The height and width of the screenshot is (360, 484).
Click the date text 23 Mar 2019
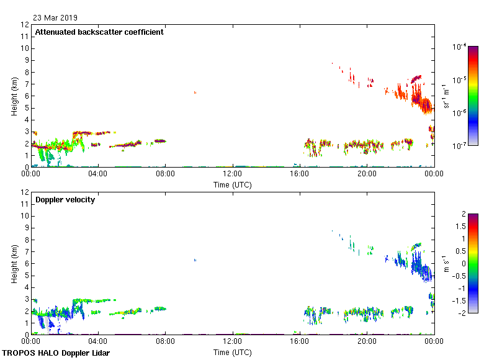pos(55,18)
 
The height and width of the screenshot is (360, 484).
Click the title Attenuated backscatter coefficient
pos(99,32)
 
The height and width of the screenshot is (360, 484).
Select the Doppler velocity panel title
pos(65,200)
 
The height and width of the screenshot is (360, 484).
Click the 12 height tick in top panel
pos(25,25)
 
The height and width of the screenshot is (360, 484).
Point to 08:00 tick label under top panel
pos(165,174)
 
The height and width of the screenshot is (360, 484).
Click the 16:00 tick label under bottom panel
pos(300,341)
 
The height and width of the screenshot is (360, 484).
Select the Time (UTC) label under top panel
pos(232,184)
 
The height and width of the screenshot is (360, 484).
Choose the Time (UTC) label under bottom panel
pos(232,352)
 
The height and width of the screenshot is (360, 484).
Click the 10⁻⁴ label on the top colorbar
pos(460,47)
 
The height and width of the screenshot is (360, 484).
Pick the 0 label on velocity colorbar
pos(462,263)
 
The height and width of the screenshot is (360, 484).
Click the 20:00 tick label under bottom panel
pos(367,341)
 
